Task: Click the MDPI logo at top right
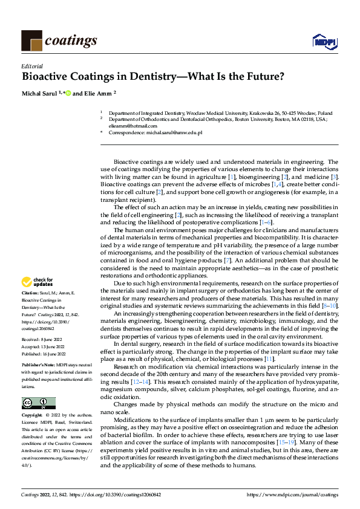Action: (324, 41)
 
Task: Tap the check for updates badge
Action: (37, 282)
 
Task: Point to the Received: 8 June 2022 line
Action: (41, 340)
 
